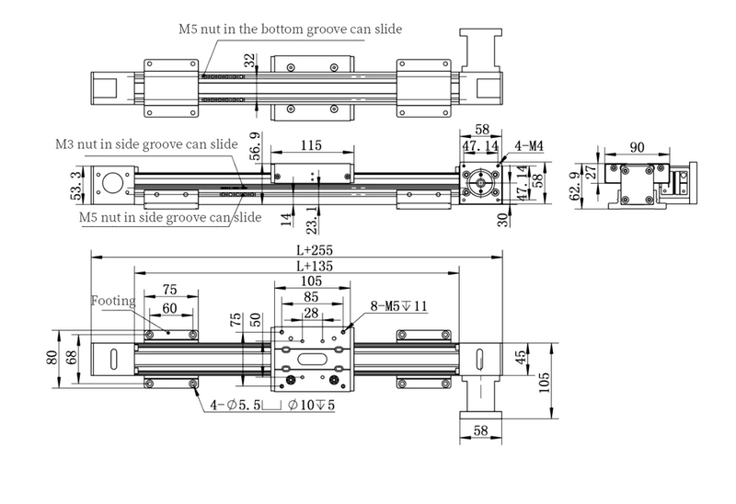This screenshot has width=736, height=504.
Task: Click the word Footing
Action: pos(112,300)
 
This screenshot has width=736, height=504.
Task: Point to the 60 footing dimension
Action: pos(170,308)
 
